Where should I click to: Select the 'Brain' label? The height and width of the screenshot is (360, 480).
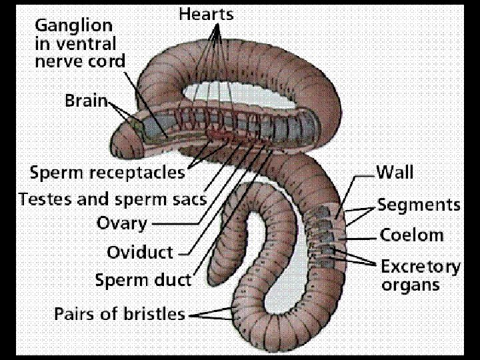[86, 101]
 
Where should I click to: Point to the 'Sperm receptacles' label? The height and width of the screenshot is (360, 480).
[107, 173]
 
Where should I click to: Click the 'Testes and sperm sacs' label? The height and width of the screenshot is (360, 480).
[112, 199]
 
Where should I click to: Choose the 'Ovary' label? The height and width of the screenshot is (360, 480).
[121, 223]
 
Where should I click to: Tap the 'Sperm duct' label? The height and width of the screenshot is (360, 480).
[143, 279]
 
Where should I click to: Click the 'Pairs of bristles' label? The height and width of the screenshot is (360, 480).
[119, 313]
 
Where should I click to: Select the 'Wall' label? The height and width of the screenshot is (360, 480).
[395, 173]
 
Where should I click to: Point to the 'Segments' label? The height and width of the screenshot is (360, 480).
[419, 205]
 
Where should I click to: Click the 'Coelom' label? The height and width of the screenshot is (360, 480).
[411, 235]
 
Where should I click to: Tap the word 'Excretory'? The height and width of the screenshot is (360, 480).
[420, 267]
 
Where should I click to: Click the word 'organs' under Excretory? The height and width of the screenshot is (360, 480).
[410, 285]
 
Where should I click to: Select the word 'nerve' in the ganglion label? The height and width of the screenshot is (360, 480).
[56, 62]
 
